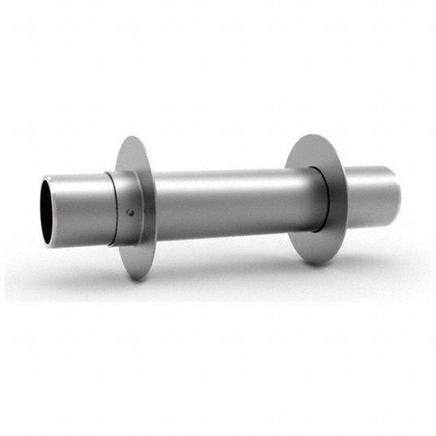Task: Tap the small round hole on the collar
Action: click(x=130, y=213)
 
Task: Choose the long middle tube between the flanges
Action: click(x=228, y=203)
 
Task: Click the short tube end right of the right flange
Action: click(x=370, y=195)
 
